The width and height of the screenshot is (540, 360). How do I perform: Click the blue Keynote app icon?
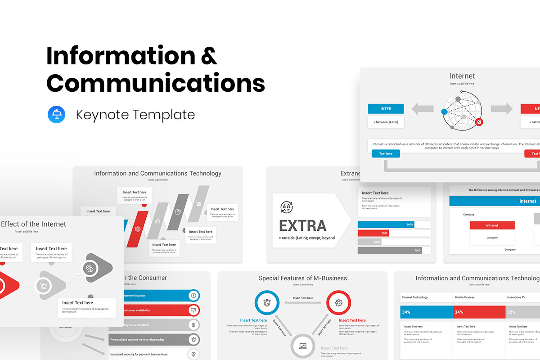pyautogui.click(x=57, y=114)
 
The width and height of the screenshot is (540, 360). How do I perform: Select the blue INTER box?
pyautogui.click(x=386, y=108)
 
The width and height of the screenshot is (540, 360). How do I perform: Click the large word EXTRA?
pyautogui.click(x=303, y=225)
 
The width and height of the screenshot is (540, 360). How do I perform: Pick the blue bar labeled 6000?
pyautogui.click(x=386, y=225)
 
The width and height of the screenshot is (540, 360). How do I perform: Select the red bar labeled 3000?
pyautogui.click(x=373, y=233)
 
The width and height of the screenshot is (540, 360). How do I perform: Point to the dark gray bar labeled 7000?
pyautogui.click(x=390, y=250)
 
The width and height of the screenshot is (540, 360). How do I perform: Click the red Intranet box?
pyautogui.click(x=492, y=225)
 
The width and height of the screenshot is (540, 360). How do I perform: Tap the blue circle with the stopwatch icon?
pyautogui.click(x=267, y=302)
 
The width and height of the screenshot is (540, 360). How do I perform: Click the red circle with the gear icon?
pyautogui.click(x=338, y=302)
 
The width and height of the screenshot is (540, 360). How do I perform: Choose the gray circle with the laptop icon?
pyautogui.click(x=302, y=346)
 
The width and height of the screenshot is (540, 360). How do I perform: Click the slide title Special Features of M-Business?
pyautogui.click(x=302, y=278)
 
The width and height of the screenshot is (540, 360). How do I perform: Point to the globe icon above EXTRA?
pyautogui.click(x=286, y=207)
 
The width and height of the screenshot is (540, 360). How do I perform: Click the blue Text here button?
pyautogui.click(x=386, y=153)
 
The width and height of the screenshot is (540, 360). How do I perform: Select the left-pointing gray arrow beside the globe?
pyautogui.click(x=422, y=108)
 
